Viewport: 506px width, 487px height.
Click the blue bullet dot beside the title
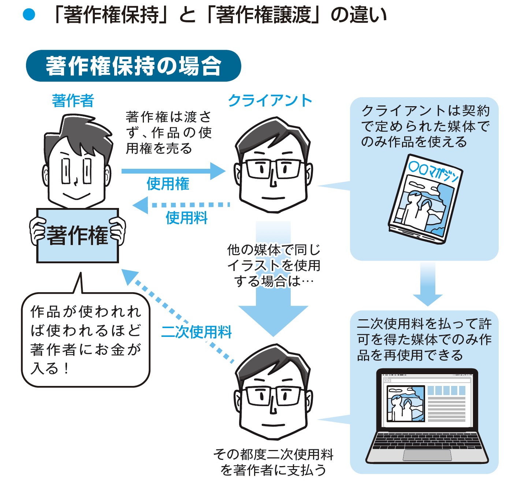click(x=29, y=15)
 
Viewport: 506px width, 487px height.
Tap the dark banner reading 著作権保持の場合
click(x=133, y=66)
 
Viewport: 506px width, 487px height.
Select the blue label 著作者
click(x=73, y=101)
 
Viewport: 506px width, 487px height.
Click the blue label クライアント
click(x=270, y=100)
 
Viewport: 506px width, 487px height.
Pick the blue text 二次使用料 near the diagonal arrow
click(x=196, y=332)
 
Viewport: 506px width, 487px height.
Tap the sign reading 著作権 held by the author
click(x=78, y=235)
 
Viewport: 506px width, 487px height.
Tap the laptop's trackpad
click(x=427, y=455)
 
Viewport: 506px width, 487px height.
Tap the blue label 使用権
click(x=168, y=184)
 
